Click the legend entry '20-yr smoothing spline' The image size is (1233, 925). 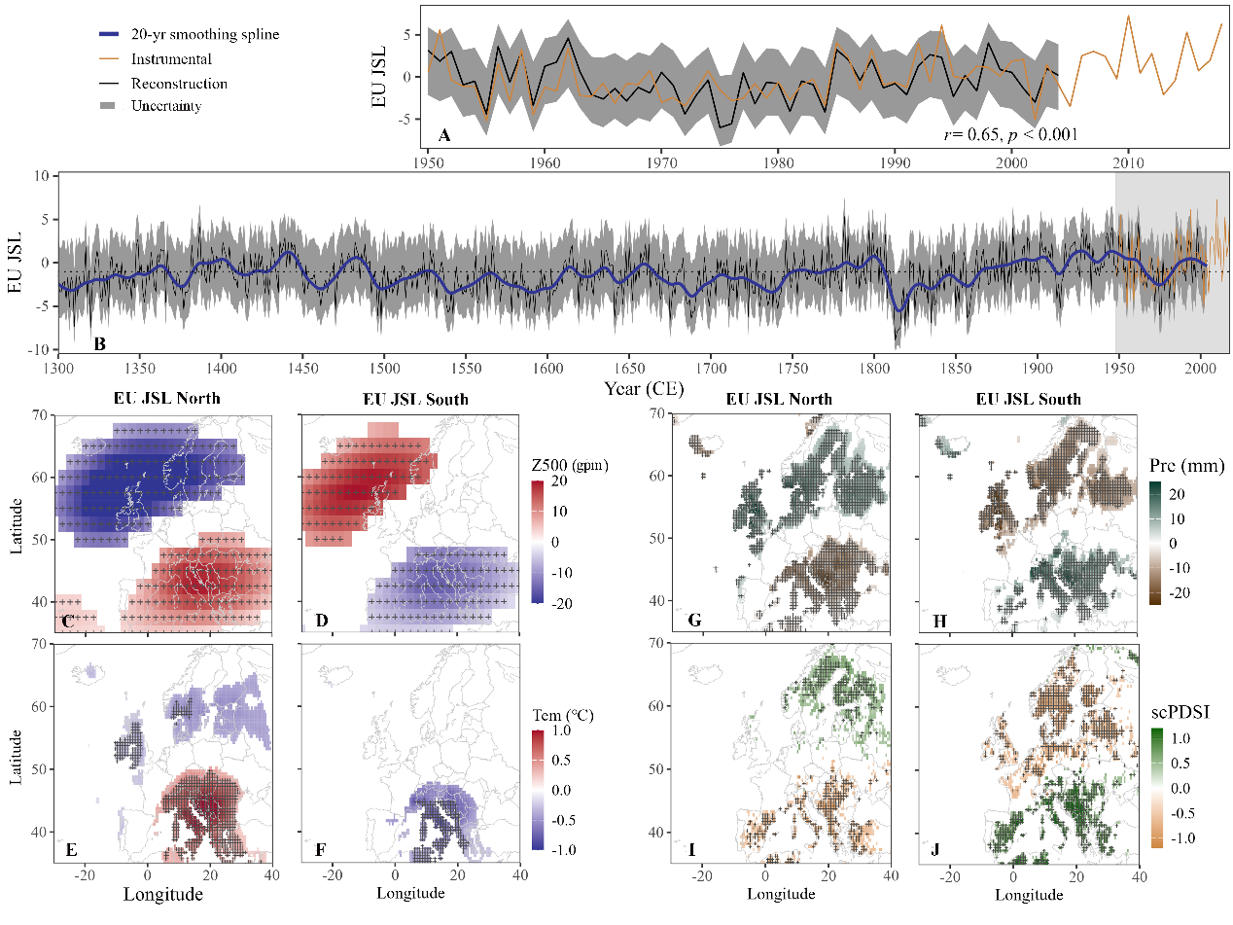pyautogui.click(x=205, y=35)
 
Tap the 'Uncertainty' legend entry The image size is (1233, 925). pyautogui.click(x=166, y=106)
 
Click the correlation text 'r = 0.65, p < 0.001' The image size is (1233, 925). pyautogui.click(x=1010, y=135)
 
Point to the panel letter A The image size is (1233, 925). pyautogui.click(x=444, y=135)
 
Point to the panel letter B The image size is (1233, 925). pyautogui.click(x=99, y=342)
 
